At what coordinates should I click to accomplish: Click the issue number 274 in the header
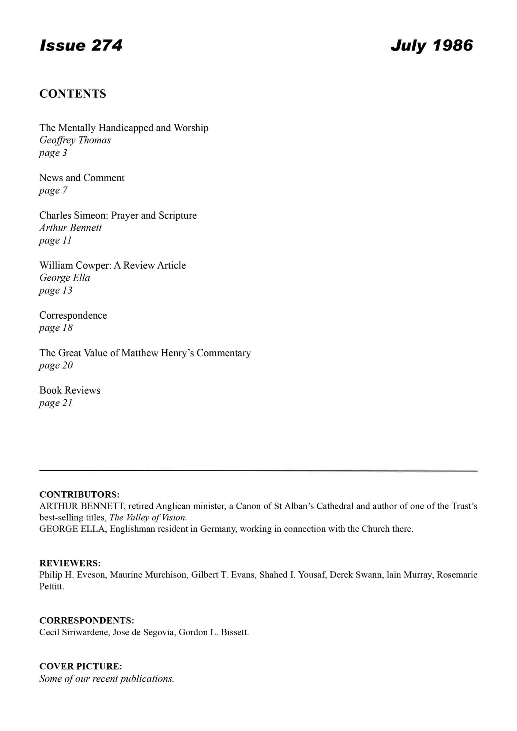point(106,45)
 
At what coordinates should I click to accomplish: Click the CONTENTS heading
point(73,94)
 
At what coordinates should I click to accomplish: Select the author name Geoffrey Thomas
point(75,140)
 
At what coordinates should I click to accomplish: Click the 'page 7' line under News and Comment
point(53,190)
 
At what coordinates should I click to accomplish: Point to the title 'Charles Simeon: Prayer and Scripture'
point(118,215)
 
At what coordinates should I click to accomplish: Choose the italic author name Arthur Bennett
point(71,228)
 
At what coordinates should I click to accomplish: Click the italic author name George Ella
point(65,278)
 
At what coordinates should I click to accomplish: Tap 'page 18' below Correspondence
point(56,328)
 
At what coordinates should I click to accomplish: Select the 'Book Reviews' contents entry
point(70,390)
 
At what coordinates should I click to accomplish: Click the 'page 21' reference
point(56,403)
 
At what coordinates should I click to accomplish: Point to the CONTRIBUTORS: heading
point(79,495)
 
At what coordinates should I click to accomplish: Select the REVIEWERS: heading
point(70,563)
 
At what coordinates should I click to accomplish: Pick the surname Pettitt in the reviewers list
point(52,587)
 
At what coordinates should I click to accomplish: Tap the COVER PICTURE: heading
point(80,666)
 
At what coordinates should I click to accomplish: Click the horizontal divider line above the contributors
point(258,471)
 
